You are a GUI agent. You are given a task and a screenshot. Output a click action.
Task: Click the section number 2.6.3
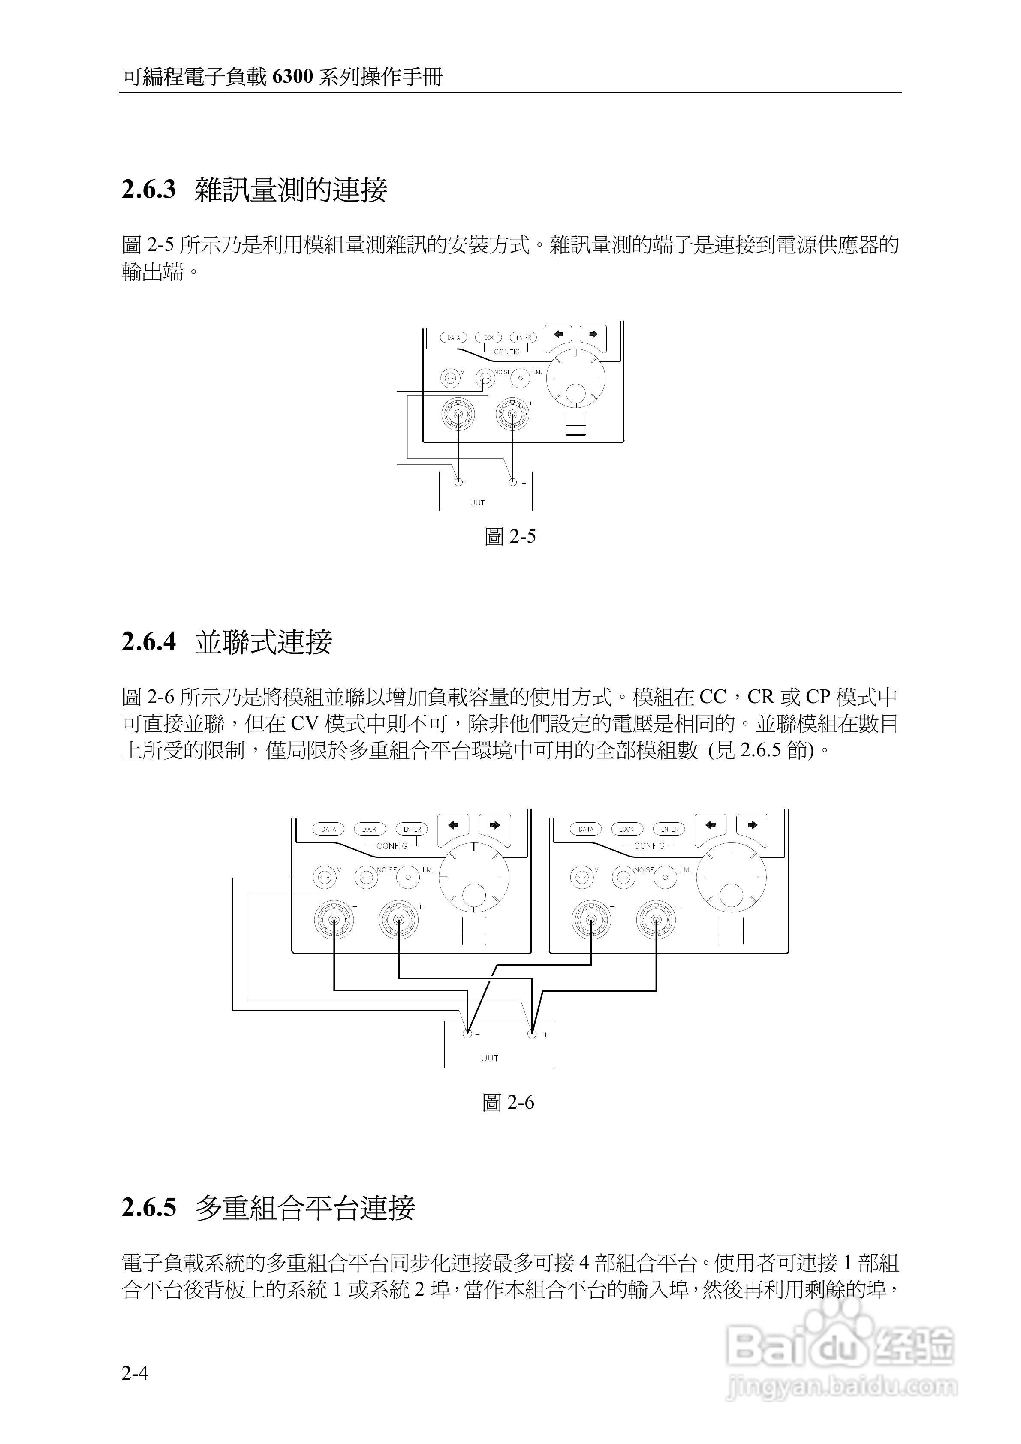[149, 190]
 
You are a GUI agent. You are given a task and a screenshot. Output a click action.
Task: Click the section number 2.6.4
[149, 642]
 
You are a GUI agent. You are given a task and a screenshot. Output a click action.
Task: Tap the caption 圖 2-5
[510, 536]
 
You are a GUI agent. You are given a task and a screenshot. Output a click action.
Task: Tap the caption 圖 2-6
[508, 1102]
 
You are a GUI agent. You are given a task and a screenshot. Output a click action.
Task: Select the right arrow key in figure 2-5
[593, 334]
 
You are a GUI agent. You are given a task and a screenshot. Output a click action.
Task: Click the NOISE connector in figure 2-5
[485, 378]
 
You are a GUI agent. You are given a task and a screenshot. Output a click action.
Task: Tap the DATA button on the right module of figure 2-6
[586, 829]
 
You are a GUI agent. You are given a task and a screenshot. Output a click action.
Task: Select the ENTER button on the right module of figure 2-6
[669, 829]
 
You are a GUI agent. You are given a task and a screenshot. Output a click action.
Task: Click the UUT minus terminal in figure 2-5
[458, 482]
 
